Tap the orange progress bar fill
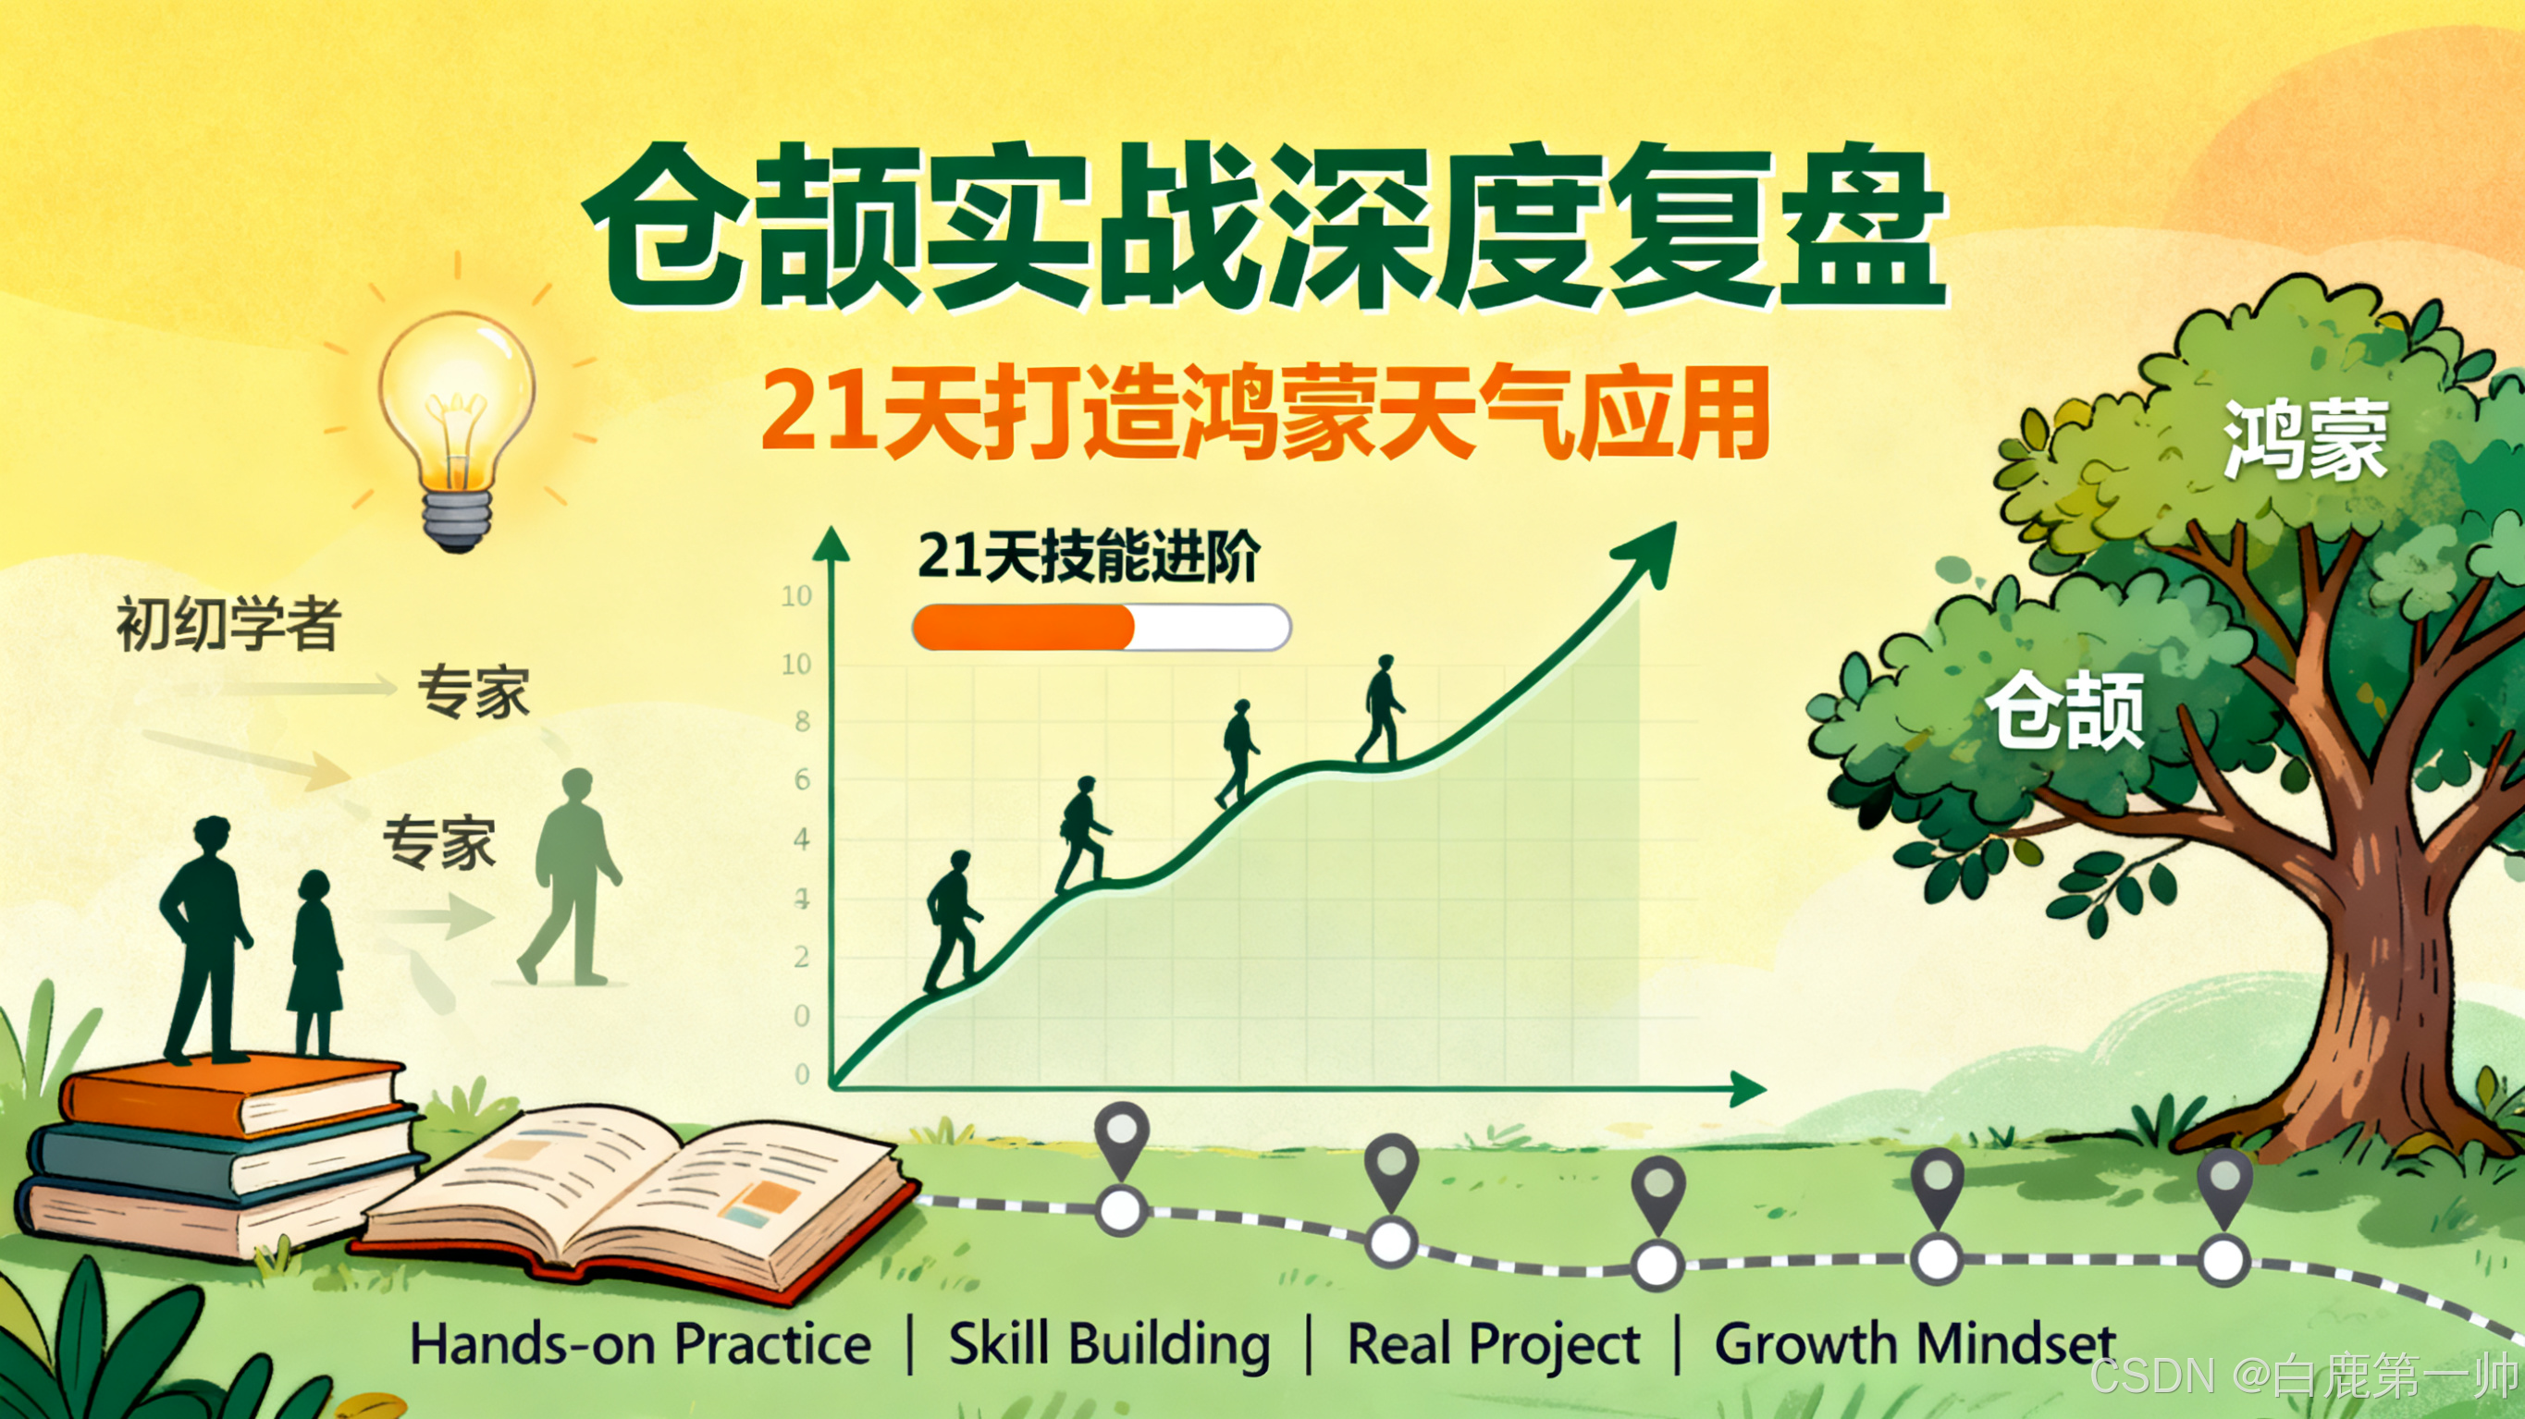tap(1022, 627)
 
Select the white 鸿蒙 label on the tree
tap(2305, 440)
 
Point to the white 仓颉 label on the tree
tap(2066, 712)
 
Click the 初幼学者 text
tap(228, 623)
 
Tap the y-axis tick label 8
tap(802, 722)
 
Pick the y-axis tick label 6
tap(802, 780)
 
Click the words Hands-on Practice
tap(640, 1343)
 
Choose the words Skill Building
tap(1109, 1343)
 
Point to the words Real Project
tap(1493, 1343)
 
